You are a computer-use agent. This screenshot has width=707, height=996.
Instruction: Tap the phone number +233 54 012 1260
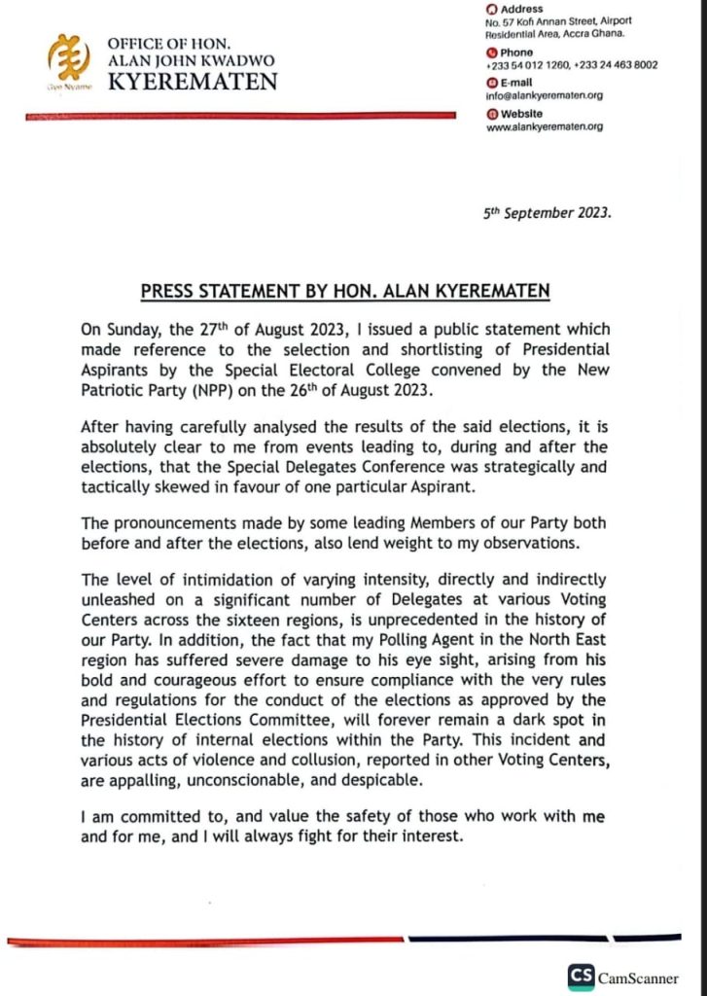(523, 65)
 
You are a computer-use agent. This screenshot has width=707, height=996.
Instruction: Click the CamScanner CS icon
(582, 976)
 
